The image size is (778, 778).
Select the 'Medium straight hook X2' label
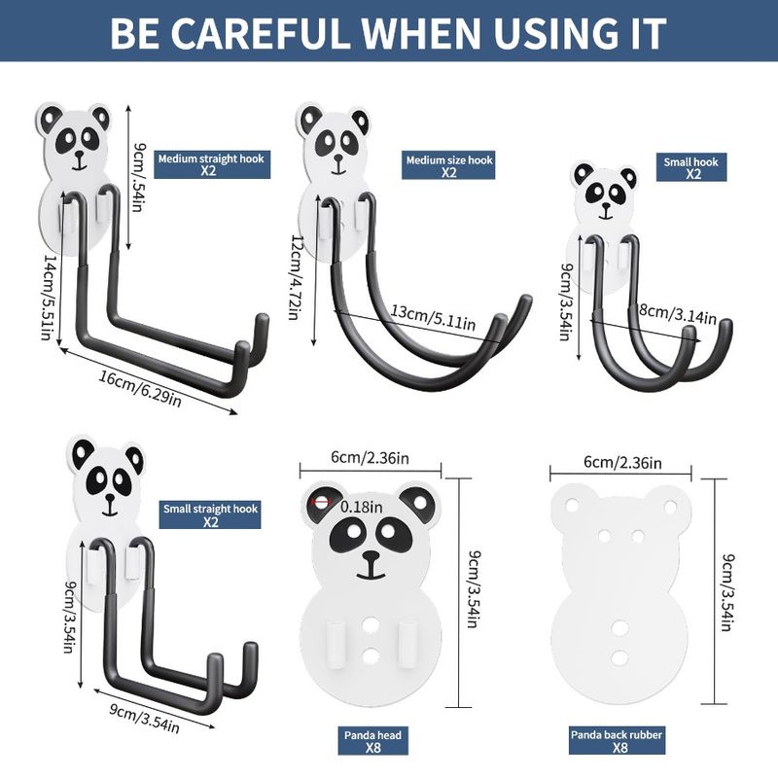(x=212, y=164)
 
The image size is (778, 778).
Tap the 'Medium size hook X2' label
(x=448, y=165)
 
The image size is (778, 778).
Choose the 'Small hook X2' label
(x=691, y=167)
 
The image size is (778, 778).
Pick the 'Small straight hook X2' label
(x=210, y=515)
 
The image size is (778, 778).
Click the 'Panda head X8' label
(x=372, y=740)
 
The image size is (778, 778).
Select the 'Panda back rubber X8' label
(x=617, y=740)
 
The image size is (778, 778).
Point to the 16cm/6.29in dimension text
(x=140, y=388)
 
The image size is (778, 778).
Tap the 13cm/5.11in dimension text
(x=433, y=318)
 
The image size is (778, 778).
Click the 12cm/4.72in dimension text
(x=297, y=277)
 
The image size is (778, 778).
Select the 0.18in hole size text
(x=362, y=507)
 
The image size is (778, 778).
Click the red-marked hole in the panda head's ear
(x=322, y=502)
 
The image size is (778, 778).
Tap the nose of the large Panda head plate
(x=371, y=555)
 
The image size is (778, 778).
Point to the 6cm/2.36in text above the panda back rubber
(x=622, y=463)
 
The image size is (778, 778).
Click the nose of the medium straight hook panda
(x=78, y=155)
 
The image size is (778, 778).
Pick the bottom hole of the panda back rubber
(x=619, y=658)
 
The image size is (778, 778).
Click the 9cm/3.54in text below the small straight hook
(x=144, y=718)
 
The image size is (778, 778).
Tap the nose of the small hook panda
(x=606, y=205)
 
